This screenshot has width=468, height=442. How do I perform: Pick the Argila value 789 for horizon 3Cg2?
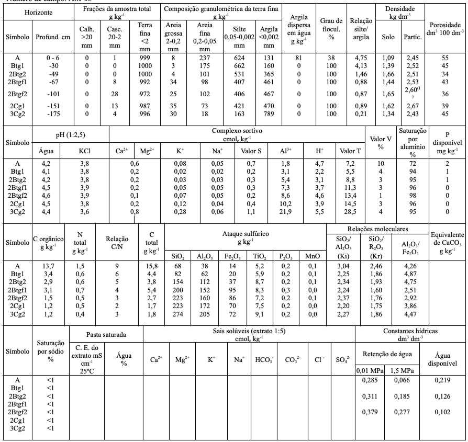(x=268, y=114)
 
